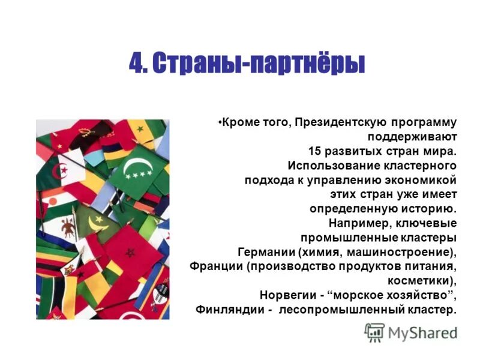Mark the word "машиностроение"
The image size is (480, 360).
click(x=401, y=251)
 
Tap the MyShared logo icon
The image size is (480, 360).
click(x=375, y=332)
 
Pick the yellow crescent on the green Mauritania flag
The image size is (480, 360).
click(x=95, y=224)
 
